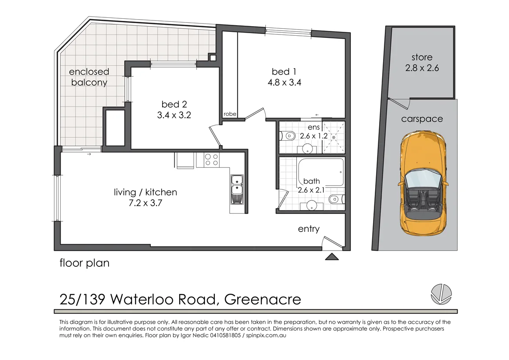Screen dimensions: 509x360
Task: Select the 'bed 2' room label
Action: [x=174, y=104]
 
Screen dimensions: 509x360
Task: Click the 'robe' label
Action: [x=230, y=114]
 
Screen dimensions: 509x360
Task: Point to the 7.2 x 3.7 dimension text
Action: [x=145, y=203]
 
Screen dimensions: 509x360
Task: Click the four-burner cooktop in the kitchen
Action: [x=211, y=160]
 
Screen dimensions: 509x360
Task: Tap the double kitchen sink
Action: [x=237, y=190]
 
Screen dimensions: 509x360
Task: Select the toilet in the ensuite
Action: [x=287, y=136]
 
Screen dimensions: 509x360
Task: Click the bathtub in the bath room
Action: [x=321, y=172]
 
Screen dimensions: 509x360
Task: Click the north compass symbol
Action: [x=441, y=294]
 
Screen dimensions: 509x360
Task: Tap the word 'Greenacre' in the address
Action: [x=263, y=299]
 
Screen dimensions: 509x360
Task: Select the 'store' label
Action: [x=422, y=58]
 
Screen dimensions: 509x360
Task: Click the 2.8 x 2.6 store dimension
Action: [x=422, y=68]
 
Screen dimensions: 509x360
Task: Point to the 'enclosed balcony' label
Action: [x=89, y=77]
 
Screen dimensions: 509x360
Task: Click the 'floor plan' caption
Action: [x=85, y=263]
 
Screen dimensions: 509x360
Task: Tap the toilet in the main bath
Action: [x=336, y=199]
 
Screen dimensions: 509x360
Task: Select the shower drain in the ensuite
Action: [x=333, y=137]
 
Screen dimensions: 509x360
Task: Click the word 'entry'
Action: [x=309, y=229]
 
